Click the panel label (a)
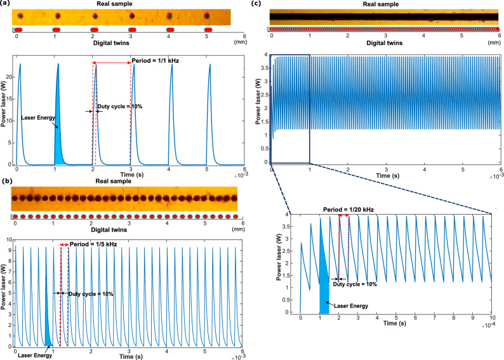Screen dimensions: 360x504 pyautogui.click(x=6, y=4)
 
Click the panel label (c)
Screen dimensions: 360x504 pyautogui.click(x=256, y=4)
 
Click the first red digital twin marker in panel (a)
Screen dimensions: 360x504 pyautogui.click(x=19, y=30)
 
